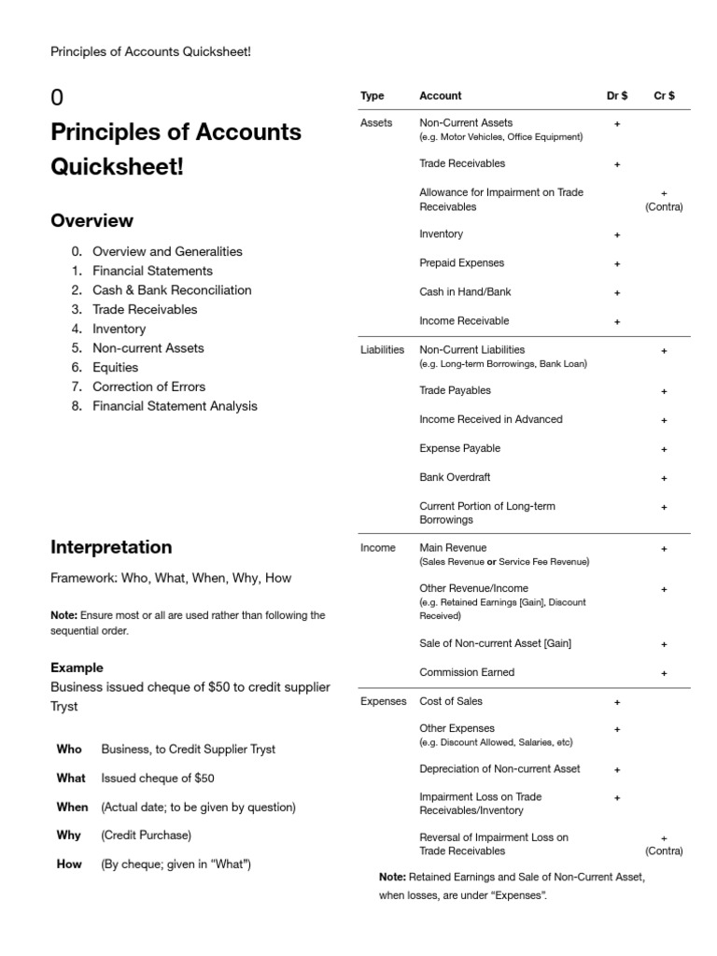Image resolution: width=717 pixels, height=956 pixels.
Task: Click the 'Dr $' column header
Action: [x=616, y=96]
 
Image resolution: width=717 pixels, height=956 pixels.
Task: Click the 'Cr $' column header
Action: [x=664, y=96]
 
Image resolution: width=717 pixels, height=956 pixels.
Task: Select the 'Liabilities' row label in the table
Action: [x=382, y=350]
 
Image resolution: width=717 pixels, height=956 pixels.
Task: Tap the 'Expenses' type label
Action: [x=383, y=701]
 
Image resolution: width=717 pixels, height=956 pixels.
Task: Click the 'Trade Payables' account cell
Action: [x=455, y=390]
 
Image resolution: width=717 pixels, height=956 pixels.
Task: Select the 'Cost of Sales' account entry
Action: [x=451, y=701]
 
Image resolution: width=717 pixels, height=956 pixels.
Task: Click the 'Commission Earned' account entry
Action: [x=467, y=672]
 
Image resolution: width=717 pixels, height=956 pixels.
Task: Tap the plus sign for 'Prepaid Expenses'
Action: [x=616, y=264]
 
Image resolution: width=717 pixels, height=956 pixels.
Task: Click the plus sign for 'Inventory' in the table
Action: [x=616, y=235]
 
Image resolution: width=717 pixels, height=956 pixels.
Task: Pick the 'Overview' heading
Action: [x=91, y=221]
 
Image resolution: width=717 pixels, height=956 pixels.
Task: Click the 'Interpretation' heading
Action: [x=111, y=547]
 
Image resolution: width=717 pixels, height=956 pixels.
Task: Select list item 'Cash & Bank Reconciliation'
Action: [x=172, y=290]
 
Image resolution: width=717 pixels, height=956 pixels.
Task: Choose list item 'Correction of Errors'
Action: [x=148, y=387]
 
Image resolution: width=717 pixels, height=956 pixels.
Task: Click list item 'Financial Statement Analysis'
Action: [x=175, y=406]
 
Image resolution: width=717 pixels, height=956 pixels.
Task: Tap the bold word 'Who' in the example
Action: [x=69, y=749]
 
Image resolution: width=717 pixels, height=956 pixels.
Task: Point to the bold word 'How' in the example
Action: [x=69, y=865]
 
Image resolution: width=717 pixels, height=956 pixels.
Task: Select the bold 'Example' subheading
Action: [x=77, y=668]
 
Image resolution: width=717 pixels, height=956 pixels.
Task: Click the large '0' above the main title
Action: [x=57, y=98]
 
